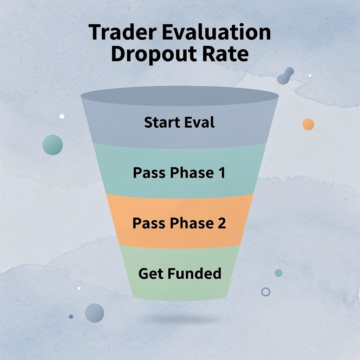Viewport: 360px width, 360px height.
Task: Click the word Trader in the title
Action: click(123, 32)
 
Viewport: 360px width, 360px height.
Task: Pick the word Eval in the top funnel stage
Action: click(200, 122)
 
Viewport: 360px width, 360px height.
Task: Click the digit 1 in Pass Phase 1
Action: click(222, 173)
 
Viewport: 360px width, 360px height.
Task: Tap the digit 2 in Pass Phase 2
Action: click(222, 223)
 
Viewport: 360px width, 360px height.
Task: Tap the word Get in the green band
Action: click(151, 274)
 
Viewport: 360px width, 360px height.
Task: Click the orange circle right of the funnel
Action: click(308, 124)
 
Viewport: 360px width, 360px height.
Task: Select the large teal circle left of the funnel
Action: click(53, 145)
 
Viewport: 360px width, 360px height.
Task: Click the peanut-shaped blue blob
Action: click(285, 76)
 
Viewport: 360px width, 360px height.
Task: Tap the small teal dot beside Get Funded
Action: click(278, 273)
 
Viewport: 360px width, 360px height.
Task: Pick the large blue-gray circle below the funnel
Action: click(95, 313)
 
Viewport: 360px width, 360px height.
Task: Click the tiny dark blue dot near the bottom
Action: click(71, 317)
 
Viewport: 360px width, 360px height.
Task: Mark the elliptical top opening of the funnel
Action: click(180, 96)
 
